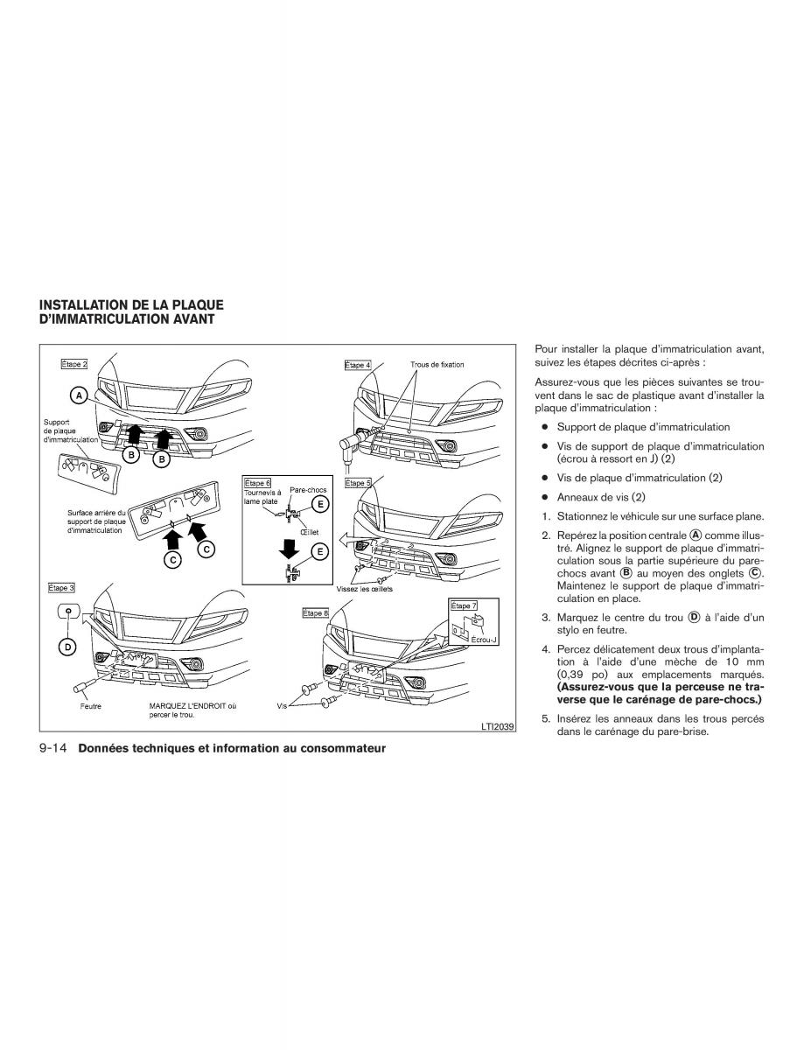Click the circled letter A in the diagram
[x=78, y=396]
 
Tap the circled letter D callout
[x=67, y=647]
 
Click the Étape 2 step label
[x=74, y=362]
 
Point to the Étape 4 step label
[x=358, y=365]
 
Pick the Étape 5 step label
[x=358, y=483]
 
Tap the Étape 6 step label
[x=258, y=482]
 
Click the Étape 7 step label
[x=464, y=605]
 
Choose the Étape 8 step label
[x=315, y=613]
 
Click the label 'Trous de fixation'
[x=437, y=364]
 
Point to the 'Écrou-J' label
[x=483, y=640]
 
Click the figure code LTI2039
[x=495, y=725]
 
